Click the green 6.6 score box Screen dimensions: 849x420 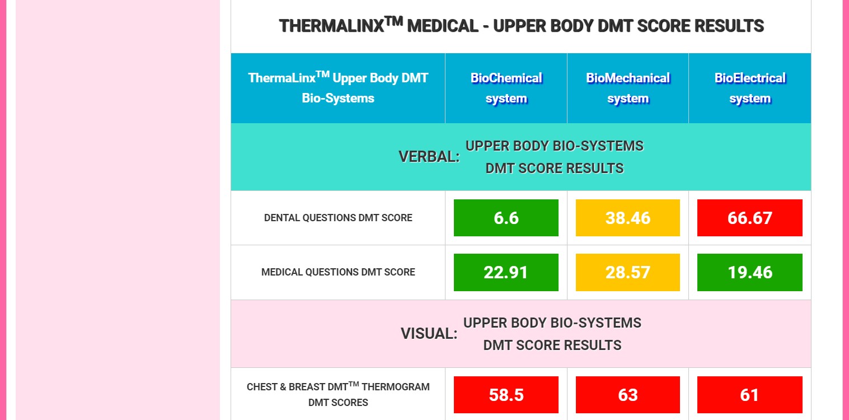point(506,218)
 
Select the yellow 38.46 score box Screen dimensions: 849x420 point(627,218)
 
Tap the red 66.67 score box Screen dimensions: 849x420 point(750,218)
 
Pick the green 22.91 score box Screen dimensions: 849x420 point(506,272)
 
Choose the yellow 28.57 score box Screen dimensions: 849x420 point(627,272)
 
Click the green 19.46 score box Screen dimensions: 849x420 point(750,272)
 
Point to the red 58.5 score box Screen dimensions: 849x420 point(506,395)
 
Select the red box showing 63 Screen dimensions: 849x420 point(627,395)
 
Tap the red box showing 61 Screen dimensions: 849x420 point(750,395)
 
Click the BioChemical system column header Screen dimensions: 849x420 point(506,88)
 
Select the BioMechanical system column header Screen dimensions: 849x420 point(627,88)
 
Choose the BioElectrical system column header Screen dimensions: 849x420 point(750,88)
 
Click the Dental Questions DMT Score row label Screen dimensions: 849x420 point(338,218)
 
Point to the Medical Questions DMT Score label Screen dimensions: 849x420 point(338,272)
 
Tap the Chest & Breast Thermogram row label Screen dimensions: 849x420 point(338,394)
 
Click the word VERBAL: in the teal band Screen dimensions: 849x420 point(429,157)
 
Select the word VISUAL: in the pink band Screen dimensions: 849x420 point(429,334)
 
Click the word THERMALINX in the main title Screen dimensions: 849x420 point(332,26)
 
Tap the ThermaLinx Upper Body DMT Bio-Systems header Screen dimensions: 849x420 point(338,88)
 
